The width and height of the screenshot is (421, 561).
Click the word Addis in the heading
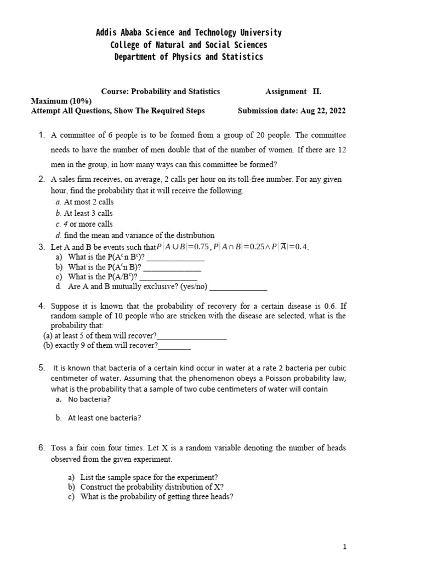tap(108, 33)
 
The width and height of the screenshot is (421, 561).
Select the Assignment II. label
tap(293, 91)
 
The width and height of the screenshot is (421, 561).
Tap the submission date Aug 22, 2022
tap(323, 111)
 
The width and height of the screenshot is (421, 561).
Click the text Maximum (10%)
tap(61, 101)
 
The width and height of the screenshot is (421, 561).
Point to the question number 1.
tap(41, 135)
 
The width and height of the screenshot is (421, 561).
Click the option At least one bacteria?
tap(104, 417)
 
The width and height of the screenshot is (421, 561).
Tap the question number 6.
tap(41, 448)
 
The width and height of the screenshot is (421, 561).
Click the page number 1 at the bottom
tap(345, 546)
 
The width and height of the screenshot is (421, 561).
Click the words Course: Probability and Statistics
tap(161, 91)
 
